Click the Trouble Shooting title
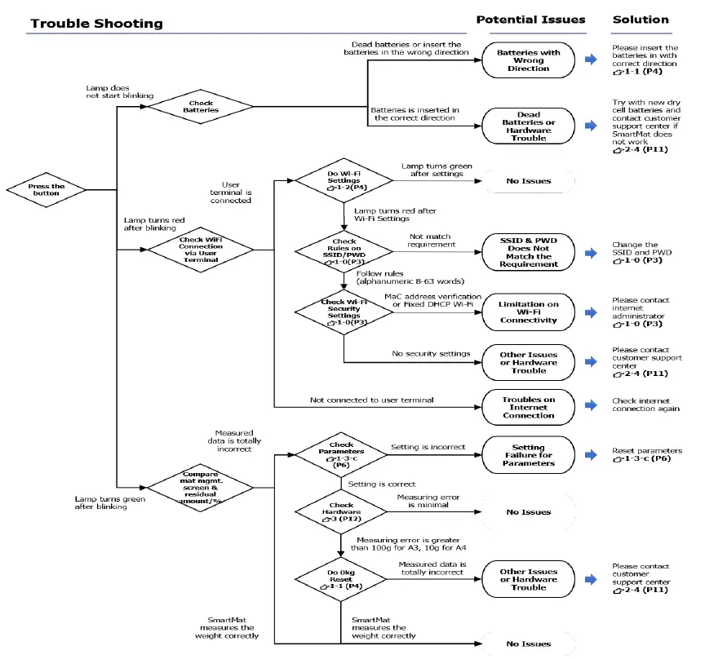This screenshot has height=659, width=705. click(96, 23)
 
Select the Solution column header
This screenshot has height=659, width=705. click(641, 19)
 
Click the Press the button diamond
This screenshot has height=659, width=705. click(47, 189)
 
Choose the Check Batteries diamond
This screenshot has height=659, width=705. click(194, 106)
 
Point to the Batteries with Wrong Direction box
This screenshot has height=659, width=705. click(529, 60)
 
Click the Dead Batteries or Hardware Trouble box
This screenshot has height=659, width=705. click(529, 126)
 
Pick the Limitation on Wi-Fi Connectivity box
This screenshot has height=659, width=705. click(529, 312)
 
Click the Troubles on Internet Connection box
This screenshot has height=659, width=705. click(529, 407)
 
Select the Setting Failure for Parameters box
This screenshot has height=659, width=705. click(529, 455)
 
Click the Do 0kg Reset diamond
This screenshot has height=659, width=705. click(342, 578)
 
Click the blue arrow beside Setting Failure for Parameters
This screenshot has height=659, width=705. click(591, 455)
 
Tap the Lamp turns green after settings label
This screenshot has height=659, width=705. click(437, 169)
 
